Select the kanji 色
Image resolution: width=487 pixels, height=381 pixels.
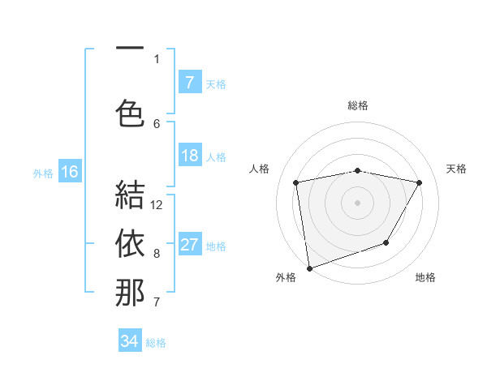point(130,112)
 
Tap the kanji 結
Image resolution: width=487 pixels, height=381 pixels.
point(130,195)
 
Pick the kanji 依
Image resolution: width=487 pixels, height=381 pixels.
point(130,244)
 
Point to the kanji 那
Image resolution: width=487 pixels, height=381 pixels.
point(130,293)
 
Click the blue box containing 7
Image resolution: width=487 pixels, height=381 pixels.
point(190,83)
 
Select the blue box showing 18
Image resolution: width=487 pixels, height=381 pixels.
point(190,156)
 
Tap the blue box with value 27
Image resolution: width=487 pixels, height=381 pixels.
point(190,246)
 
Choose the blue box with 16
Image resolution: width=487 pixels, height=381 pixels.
point(70,172)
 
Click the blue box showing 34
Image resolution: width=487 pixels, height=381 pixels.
point(130,341)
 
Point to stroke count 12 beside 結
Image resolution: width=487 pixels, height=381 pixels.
point(157,205)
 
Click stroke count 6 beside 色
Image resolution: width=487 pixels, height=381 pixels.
point(157,123)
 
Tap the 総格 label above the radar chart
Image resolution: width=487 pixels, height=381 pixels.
point(357,105)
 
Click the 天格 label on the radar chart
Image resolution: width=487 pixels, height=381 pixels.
point(457,169)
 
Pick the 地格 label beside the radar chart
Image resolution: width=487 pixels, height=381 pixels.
point(425,277)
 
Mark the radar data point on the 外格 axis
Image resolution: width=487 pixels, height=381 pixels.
point(309,268)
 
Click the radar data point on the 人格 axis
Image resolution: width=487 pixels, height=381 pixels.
point(296,182)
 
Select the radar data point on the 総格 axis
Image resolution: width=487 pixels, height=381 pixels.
point(357,170)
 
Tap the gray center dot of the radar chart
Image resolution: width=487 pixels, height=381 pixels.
point(357,202)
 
